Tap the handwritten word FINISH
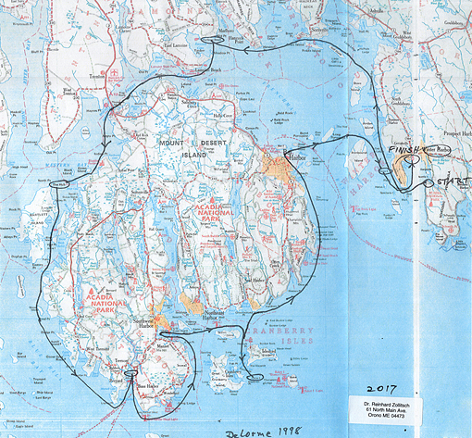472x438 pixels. click(404, 149)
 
